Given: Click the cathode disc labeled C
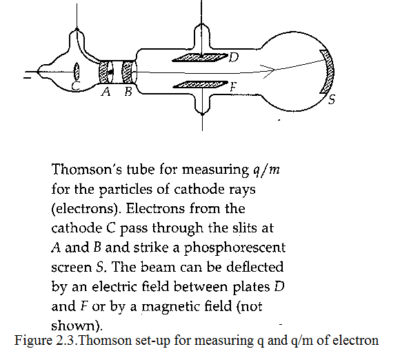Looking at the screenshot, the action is point(77,71).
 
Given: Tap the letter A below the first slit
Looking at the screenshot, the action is point(106,91).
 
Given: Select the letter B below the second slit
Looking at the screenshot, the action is point(128,91).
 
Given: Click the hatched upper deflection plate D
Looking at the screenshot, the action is point(200,58).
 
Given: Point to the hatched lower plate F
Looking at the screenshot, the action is point(200,85).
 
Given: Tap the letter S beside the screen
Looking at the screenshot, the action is point(331,99).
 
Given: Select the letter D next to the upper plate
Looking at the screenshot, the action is point(234,57).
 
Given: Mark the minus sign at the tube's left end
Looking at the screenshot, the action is point(27,77).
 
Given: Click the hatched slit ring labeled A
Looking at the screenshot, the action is point(103,72).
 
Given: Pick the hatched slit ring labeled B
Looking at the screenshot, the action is point(127,72).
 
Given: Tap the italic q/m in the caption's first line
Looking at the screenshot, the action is point(266,170).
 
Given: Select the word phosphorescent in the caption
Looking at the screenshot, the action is point(234,248).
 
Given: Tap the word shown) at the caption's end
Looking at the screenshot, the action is point(77,326).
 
